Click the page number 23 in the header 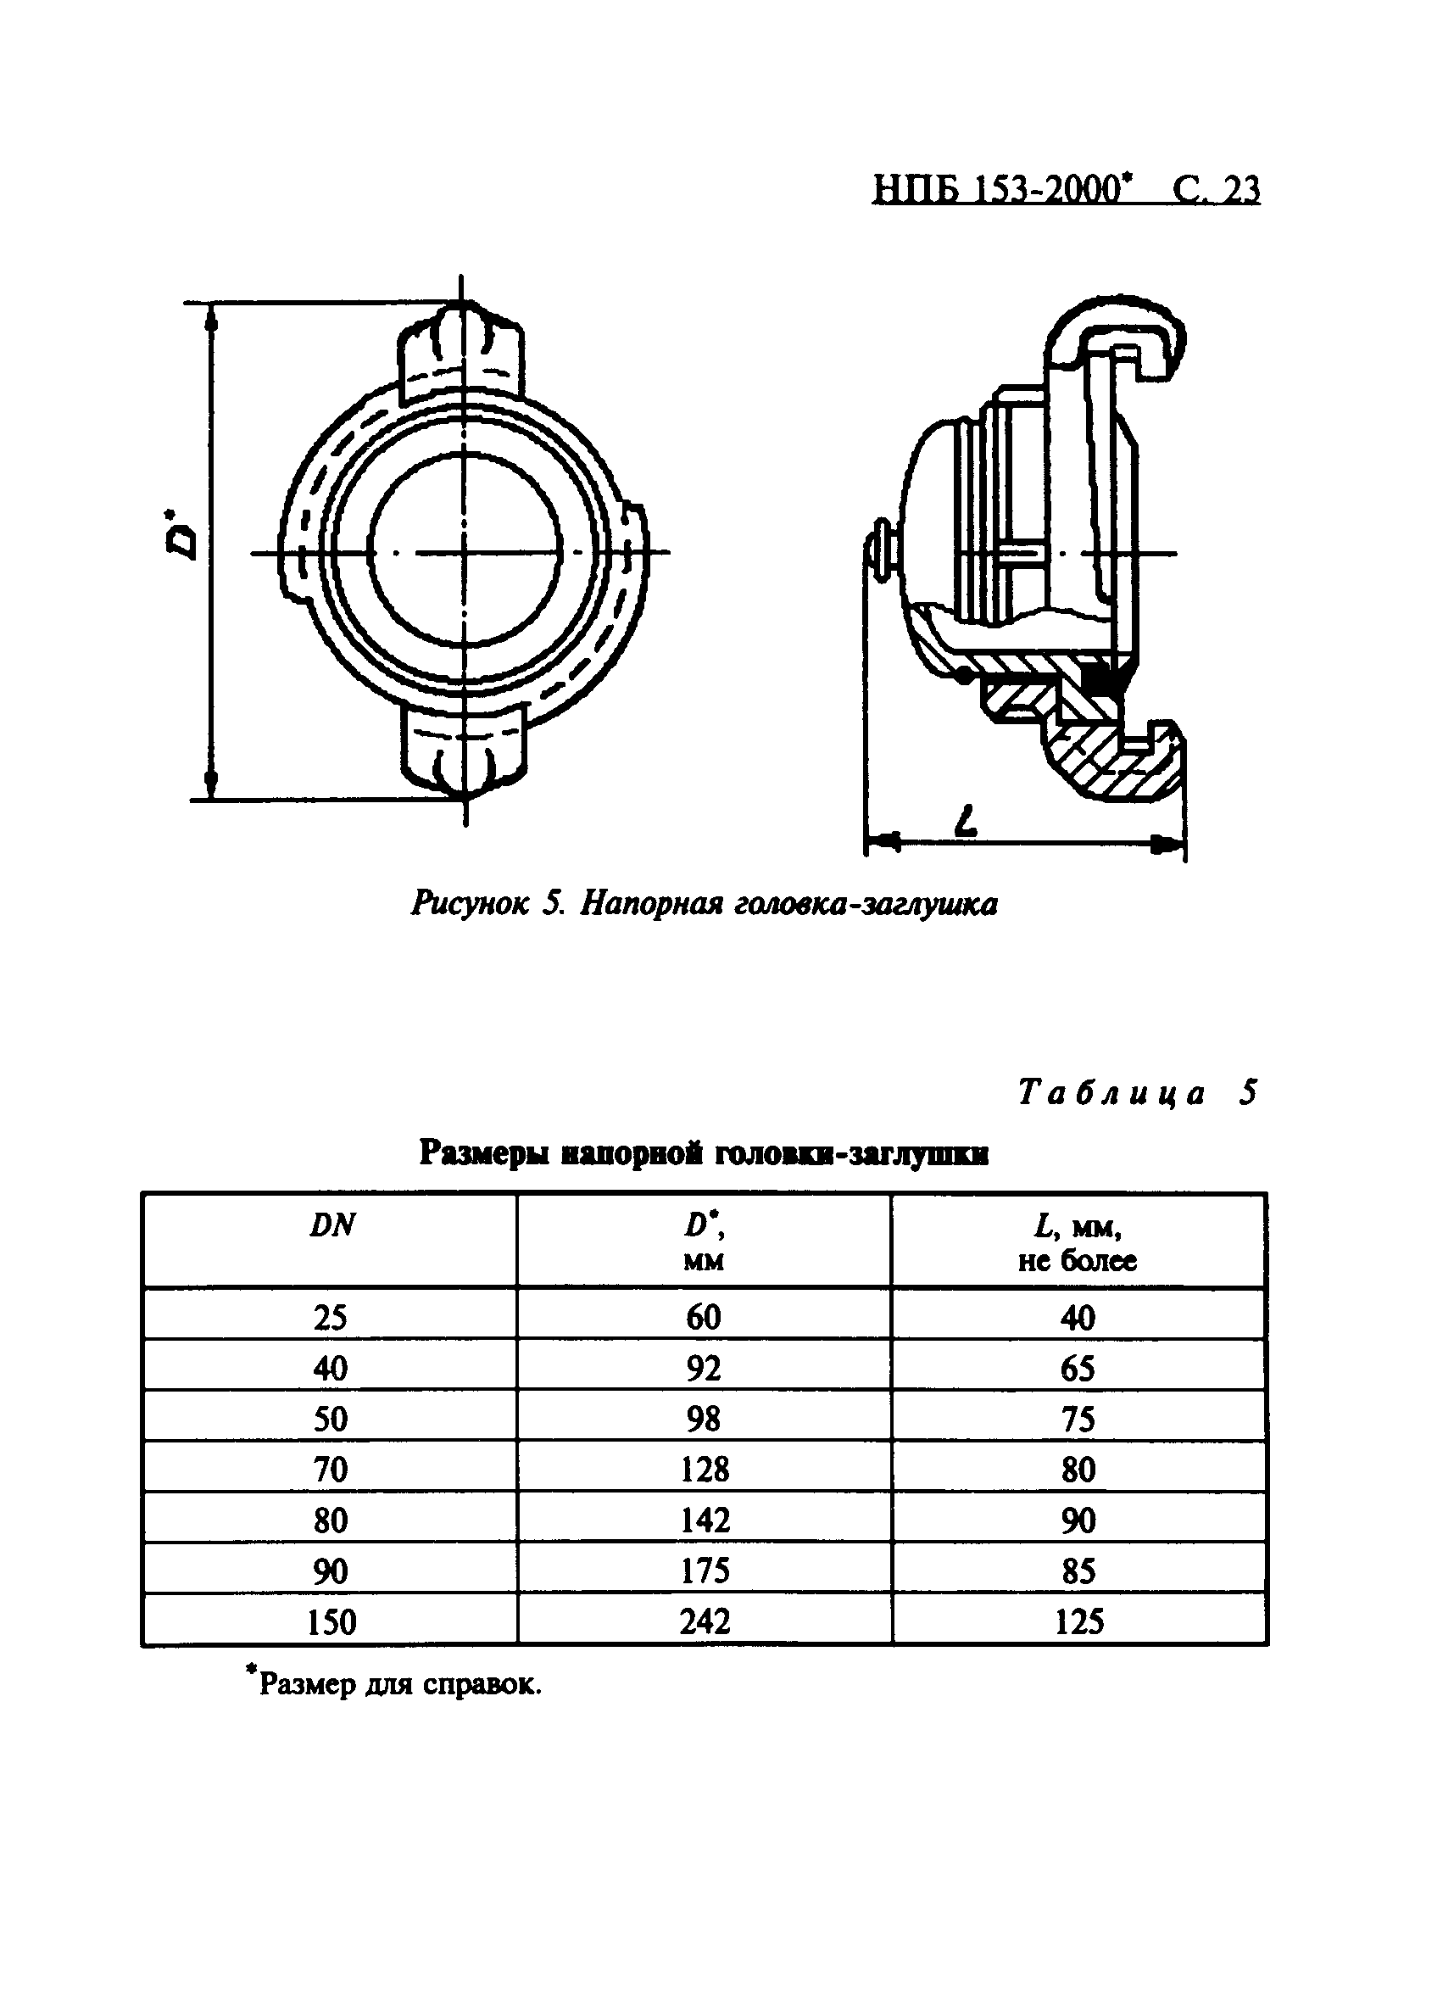click(x=1240, y=190)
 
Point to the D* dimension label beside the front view click(x=183, y=533)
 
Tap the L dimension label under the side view click(x=967, y=822)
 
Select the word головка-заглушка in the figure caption click(x=865, y=903)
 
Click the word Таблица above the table click(x=1111, y=1093)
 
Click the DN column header click(x=331, y=1226)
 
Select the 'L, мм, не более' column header click(x=1078, y=1242)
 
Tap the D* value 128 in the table click(x=705, y=1470)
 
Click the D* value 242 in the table click(x=705, y=1621)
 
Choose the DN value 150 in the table click(x=331, y=1622)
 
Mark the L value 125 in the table click(x=1078, y=1622)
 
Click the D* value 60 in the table click(x=704, y=1318)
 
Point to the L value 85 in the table click(x=1078, y=1571)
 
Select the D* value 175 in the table click(x=705, y=1571)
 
